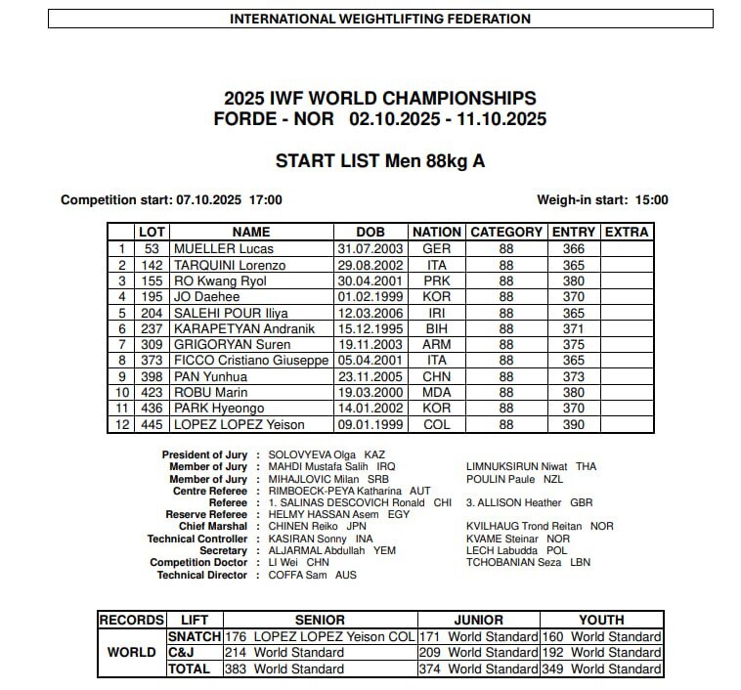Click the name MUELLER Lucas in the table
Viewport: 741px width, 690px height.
(x=216, y=249)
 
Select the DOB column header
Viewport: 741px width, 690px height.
(x=370, y=233)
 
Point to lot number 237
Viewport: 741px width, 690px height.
(x=152, y=328)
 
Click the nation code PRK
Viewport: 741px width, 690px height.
(x=436, y=280)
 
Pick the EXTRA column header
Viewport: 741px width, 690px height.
(x=627, y=233)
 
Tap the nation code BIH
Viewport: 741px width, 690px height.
(x=436, y=328)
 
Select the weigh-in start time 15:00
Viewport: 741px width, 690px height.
(x=651, y=199)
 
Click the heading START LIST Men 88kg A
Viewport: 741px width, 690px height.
(x=379, y=161)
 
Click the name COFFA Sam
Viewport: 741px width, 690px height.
(x=299, y=576)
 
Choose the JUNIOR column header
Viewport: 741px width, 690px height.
(x=478, y=621)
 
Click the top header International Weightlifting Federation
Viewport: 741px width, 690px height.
(x=380, y=19)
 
